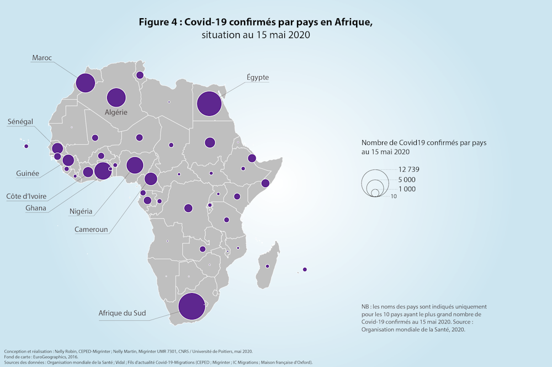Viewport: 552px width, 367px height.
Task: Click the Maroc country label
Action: pos(42,57)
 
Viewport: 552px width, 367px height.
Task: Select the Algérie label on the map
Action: pos(116,112)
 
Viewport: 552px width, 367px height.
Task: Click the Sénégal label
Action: pos(20,121)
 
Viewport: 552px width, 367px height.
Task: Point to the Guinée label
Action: pos(28,173)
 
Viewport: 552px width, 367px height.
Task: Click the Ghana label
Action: pos(36,208)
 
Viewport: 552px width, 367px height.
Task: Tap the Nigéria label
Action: pos(81,211)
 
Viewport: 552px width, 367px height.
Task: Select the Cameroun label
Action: pos(91,229)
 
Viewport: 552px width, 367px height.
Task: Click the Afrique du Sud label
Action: pos(122,313)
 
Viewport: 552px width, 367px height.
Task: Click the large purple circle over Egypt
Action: pos(209,104)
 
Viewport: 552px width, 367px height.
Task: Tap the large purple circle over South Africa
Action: pos(192,307)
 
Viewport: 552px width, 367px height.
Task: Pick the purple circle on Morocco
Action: pos(85,83)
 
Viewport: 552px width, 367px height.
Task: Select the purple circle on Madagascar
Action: pos(267,267)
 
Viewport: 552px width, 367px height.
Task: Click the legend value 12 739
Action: pos(408,169)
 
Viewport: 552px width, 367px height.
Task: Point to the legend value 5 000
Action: pos(406,180)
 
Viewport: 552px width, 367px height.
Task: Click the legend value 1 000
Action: pos(406,189)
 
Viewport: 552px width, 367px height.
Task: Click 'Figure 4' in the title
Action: pos(158,22)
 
